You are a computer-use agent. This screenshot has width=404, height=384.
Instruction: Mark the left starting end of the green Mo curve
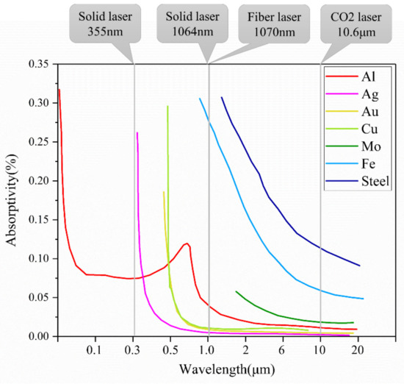click(x=236, y=291)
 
